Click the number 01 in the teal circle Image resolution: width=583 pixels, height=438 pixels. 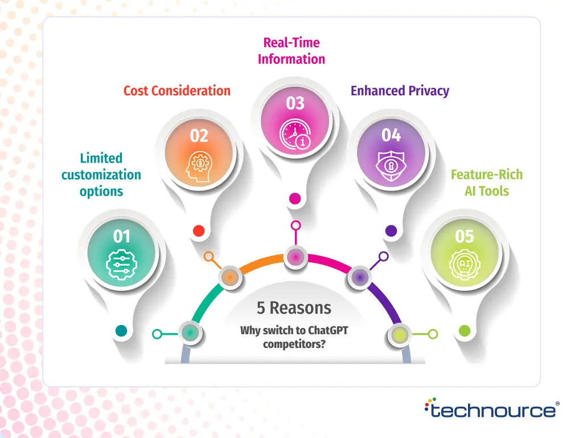pos(122,236)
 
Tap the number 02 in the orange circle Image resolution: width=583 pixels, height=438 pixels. pos(199,136)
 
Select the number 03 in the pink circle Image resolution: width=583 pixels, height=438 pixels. pos(295,103)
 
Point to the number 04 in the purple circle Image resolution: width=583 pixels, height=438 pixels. pos(391,135)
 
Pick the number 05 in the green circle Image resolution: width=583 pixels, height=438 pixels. pos(465,236)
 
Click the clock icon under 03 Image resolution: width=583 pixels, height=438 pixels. pos(295,135)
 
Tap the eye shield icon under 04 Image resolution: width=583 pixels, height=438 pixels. pos(391,166)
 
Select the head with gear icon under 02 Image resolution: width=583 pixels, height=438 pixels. pos(199,166)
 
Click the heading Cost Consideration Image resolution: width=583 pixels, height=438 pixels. pos(177,91)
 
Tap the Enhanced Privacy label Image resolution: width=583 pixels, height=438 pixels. pos(400,91)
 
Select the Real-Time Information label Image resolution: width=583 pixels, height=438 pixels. pos(291,51)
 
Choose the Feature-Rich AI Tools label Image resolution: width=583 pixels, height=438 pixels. pos(487,182)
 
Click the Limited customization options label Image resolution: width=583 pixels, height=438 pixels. pos(101,175)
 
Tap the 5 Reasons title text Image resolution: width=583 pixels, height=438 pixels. pos(294,308)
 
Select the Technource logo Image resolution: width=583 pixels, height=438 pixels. pos(492,409)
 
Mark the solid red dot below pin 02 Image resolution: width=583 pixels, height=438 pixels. pos(199,231)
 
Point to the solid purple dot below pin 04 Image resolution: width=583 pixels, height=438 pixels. pos(391,231)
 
